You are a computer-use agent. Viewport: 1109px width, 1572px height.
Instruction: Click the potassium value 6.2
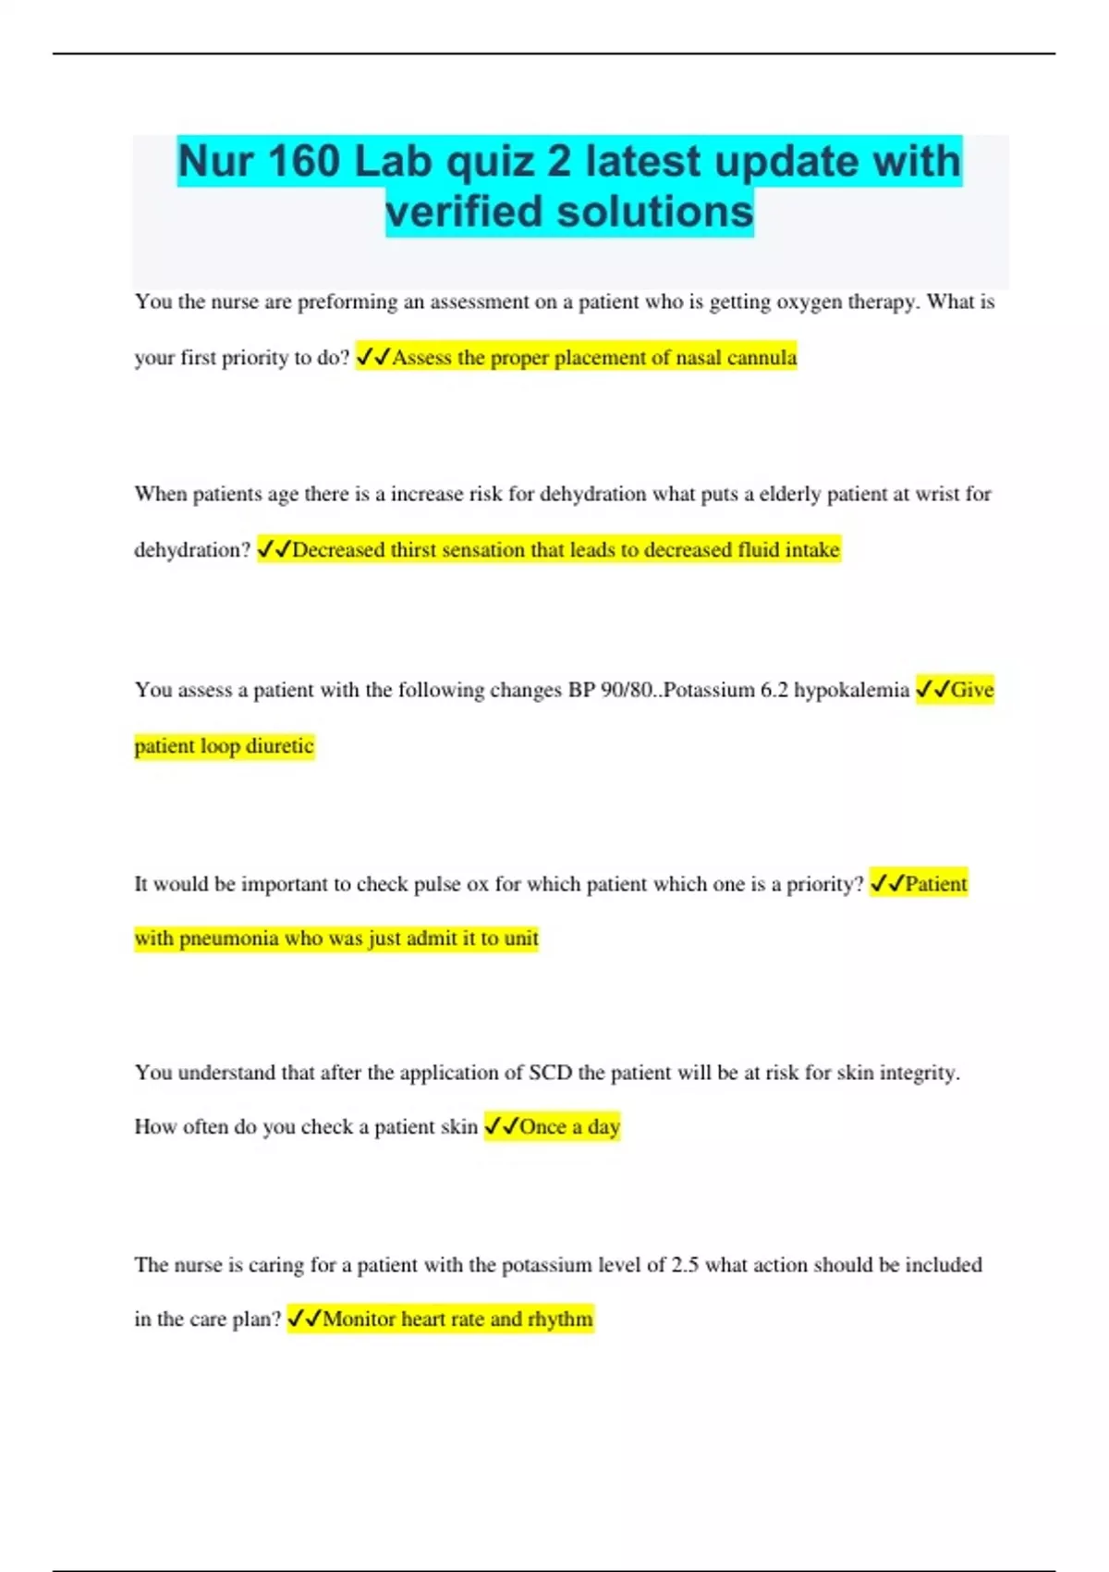[x=774, y=691]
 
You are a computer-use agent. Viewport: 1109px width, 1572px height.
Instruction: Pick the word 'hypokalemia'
[x=851, y=691]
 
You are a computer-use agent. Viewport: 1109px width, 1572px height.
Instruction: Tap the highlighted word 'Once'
[x=542, y=1127]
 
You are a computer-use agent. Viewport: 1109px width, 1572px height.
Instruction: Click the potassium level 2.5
[x=685, y=1265]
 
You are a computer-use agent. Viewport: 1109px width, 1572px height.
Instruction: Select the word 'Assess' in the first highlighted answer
[x=422, y=358]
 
